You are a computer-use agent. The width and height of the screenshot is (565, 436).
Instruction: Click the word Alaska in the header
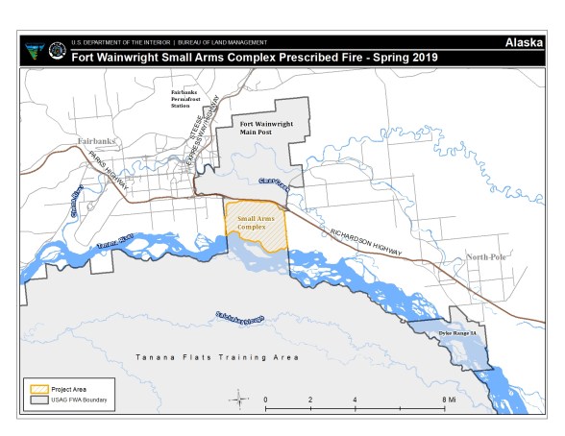[x=524, y=43]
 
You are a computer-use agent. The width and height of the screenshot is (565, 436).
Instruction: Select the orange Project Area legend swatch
[x=37, y=390]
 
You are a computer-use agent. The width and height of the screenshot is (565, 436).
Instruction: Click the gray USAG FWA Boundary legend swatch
[x=37, y=401]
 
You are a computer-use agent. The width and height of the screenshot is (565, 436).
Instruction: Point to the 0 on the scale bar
[x=265, y=398]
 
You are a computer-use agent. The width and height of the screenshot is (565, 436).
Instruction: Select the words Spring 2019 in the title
[x=403, y=57]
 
